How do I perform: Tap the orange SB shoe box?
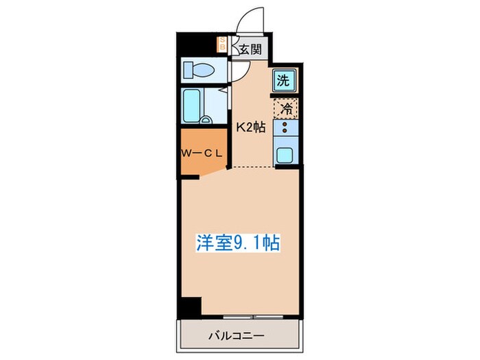[222, 45]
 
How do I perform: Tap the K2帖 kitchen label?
[251, 127]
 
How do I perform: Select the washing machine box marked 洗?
[285, 80]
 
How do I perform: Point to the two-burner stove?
[287, 128]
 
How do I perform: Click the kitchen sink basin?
[286, 154]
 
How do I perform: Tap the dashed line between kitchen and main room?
[264, 167]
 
